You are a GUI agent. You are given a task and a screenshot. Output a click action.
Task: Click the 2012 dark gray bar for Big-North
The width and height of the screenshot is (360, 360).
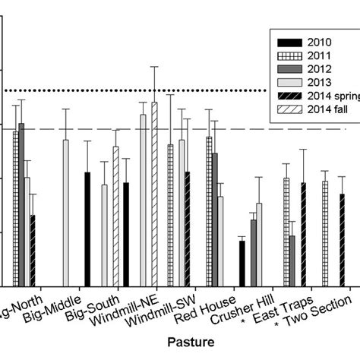click(21, 204)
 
